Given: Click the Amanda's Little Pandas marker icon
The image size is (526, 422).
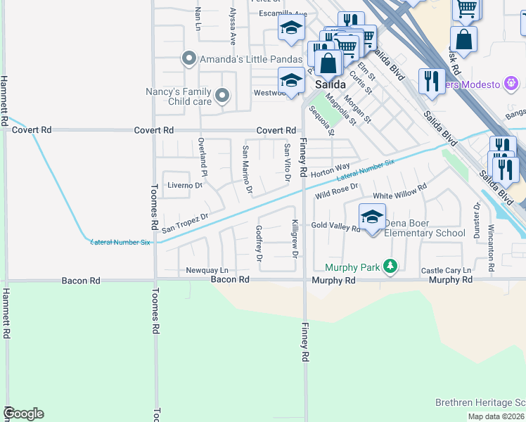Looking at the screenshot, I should pos(188,59).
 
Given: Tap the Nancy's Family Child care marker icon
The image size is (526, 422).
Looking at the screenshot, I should pos(222,96).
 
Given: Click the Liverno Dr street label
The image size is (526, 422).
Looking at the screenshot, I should pos(184,186).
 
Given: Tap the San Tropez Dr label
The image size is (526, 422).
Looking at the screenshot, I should pos(185,224).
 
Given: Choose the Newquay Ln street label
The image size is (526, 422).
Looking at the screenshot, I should pos(207,271).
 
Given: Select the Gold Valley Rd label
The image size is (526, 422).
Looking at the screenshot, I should pos(335,226).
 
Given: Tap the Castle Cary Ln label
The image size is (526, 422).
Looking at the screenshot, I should pos(445,271).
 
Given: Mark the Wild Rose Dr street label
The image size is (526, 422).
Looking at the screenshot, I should pos(337,191).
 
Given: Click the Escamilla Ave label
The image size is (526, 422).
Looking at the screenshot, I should pos(283,14).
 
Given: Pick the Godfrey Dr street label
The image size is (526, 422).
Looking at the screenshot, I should pos(259,243).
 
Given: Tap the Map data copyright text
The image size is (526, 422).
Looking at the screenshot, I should pos(496,416).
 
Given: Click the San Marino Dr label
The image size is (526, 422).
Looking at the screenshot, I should pos(246,169).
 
